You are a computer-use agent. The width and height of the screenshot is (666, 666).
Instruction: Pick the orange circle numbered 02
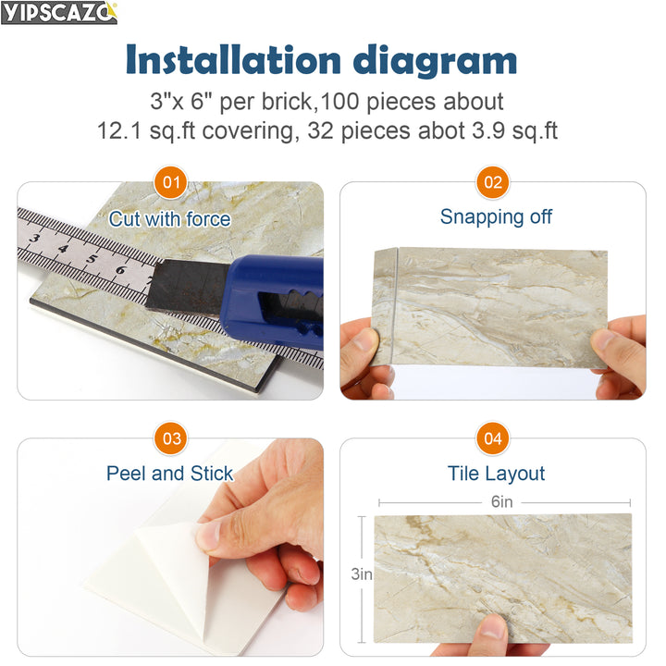(494, 182)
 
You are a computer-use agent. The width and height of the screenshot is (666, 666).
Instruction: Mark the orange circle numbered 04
(494, 438)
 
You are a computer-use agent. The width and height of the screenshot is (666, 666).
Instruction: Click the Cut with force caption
(169, 219)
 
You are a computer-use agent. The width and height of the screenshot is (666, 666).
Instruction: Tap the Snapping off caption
(496, 216)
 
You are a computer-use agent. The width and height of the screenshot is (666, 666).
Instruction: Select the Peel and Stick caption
(170, 474)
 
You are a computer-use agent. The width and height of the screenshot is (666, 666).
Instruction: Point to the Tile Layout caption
(496, 474)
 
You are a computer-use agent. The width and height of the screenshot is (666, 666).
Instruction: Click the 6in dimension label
(501, 502)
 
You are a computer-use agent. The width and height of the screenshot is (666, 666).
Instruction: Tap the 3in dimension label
(361, 574)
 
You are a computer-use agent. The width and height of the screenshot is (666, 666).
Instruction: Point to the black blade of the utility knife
(185, 286)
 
